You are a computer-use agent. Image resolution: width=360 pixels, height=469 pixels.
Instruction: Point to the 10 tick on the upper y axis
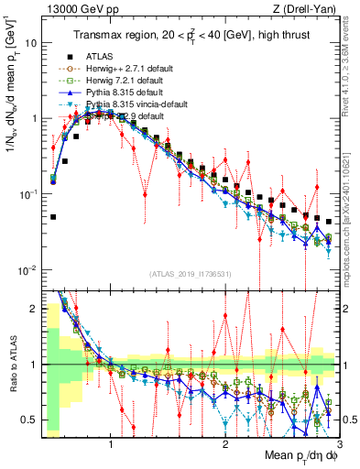point(31,43)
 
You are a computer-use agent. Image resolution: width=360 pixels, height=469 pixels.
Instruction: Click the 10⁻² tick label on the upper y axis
point(27,269)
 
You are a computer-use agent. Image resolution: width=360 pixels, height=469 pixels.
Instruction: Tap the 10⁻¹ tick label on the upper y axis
point(27,194)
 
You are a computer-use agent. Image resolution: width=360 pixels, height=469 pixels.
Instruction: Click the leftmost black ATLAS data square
point(54,217)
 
